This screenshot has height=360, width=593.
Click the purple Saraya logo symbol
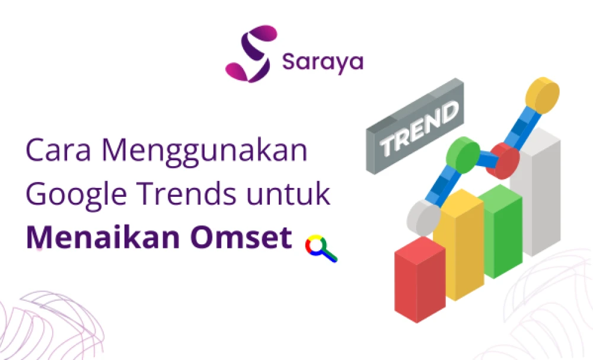pos(251,53)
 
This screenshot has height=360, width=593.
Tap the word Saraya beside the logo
pos(322,62)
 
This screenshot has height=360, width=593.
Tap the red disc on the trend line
pos(502,160)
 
